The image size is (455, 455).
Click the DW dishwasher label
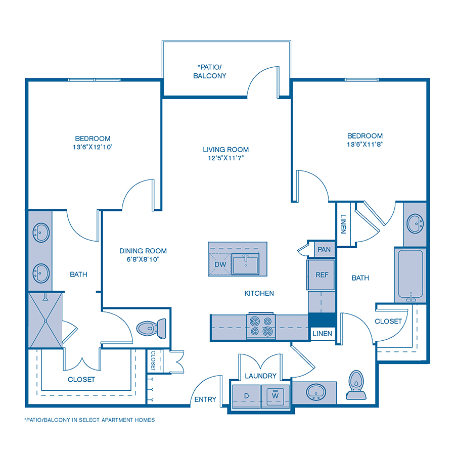pyautogui.click(x=220, y=264)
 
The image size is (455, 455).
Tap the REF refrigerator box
pyautogui.click(x=322, y=275)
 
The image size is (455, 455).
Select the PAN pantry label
pyautogui.click(x=324, y=249)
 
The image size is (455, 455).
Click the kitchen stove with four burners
pyautogui.click(x=261, y=327)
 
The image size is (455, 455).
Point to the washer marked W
pyautogui.click(x=275, y=395)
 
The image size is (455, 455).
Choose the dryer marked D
pyautogui.click(x=246, y=395)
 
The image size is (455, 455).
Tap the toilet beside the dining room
pyautogui.click(x=152, y=327)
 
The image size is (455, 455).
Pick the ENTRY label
pyautogui.click(x=205, y=399)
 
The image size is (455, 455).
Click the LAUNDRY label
pyautogui.click(x=260, y=376)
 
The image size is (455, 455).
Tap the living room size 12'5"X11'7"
pyautogui.click(x=226, y=158)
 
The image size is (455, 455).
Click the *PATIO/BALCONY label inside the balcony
pyautogui.click(x=211, y=71)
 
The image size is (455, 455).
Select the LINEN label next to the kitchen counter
pyautogui.click(x=322, y=334)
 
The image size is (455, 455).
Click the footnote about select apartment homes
pyautogui.click(x=89, y=420)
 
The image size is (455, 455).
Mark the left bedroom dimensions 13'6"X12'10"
pyautogui.click(x=93, y=147)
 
